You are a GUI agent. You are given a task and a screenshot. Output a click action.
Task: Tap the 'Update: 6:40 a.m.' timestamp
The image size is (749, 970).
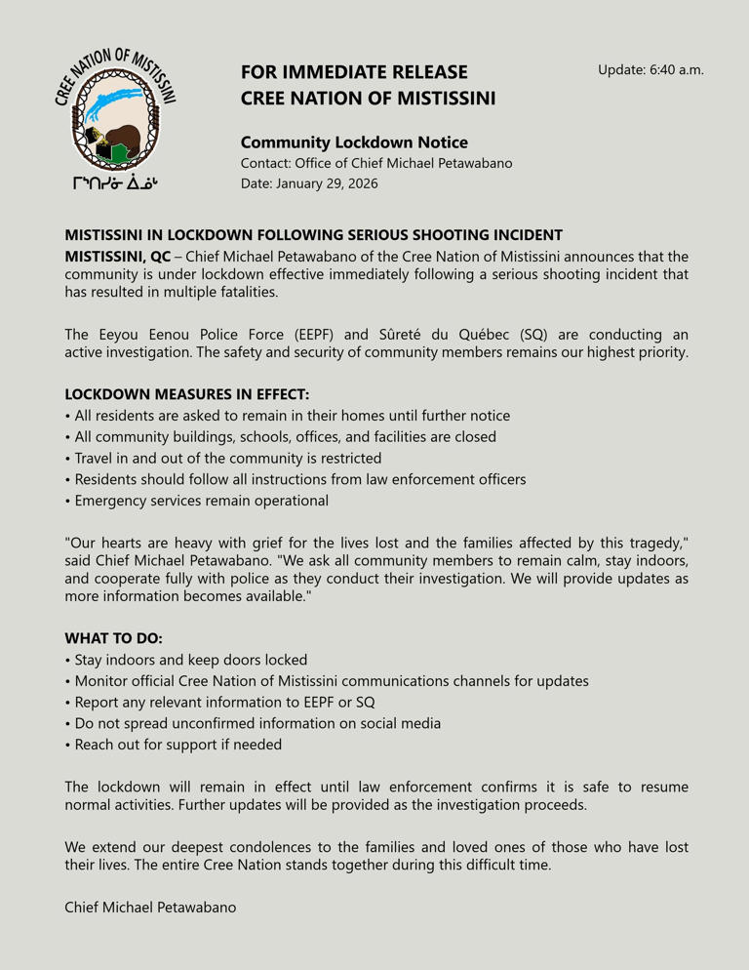(650, 70)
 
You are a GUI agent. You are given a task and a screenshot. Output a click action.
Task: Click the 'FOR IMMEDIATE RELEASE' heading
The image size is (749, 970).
(354, 72)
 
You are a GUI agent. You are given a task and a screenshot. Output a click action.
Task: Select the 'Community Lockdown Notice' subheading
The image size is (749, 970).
(354, 142)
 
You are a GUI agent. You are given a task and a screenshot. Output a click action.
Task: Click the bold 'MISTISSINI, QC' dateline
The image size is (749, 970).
(117, 256)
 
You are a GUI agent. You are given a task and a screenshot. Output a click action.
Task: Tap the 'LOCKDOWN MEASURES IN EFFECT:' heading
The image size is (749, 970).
(186, 394)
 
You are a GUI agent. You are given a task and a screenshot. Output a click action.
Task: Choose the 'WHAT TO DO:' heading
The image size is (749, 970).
(113, 638)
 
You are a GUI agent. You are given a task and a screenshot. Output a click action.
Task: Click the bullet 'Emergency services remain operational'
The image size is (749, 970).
(201, 501)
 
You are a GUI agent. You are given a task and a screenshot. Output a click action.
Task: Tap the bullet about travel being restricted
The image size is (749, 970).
(227, 458)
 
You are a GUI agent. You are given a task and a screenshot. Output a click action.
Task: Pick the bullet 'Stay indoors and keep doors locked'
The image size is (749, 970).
(190, 660)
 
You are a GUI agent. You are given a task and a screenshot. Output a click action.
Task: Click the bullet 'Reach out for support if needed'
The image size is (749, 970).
(177, 745)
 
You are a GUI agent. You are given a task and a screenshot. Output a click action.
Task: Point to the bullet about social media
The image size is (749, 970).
(257, 723)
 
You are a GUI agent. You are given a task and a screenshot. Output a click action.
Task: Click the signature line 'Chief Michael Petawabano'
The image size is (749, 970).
(150, 908)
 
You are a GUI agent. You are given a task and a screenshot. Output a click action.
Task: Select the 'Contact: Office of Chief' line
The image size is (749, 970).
(376, 163)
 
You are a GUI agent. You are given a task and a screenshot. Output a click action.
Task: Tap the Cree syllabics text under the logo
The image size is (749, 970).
(115, 183)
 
